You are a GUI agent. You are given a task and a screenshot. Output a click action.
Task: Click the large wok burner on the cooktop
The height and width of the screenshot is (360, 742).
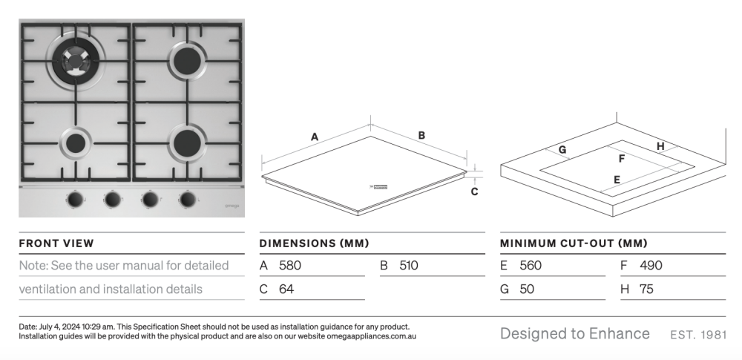(75, 58)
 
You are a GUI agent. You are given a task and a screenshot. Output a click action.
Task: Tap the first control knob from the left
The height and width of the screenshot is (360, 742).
(75, 199)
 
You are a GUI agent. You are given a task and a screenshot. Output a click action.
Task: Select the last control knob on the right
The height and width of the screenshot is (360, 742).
(188, 199)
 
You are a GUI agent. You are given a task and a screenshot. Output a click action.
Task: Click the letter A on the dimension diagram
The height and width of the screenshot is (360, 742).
(315, 137)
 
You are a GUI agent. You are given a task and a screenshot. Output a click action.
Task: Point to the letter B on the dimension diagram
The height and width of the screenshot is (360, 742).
(421, 135)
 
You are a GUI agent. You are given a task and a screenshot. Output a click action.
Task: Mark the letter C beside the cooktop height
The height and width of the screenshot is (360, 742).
(474, 191)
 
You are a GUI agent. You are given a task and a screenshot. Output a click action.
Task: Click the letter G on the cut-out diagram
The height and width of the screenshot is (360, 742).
(562, 150)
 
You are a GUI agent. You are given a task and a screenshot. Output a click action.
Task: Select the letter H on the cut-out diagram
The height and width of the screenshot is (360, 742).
(660, 146)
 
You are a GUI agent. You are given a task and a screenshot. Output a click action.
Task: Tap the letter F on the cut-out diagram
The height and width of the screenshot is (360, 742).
(622, 159)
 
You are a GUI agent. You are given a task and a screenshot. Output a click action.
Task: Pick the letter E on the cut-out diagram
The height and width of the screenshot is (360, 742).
(617, 179)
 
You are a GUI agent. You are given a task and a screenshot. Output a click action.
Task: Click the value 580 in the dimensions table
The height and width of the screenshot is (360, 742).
(290, 265)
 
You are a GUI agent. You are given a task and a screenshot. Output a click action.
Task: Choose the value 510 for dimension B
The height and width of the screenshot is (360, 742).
(409, 265)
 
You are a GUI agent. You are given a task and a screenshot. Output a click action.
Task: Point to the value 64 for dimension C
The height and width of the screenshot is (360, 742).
(286, 289)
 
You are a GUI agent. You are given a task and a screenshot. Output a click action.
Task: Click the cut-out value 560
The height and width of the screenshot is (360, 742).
(531, 265)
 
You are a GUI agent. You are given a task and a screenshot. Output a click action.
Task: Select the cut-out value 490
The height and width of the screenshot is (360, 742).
(651, 265)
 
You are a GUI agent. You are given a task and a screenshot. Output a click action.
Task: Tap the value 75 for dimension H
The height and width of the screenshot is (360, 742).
(646, 289)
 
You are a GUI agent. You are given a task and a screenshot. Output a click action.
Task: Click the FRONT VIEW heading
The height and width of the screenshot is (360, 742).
(56, 243)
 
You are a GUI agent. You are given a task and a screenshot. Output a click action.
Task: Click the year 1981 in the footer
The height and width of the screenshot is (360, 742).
(712, 334)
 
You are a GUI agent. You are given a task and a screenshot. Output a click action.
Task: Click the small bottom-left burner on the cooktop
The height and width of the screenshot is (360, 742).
(75, 143)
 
